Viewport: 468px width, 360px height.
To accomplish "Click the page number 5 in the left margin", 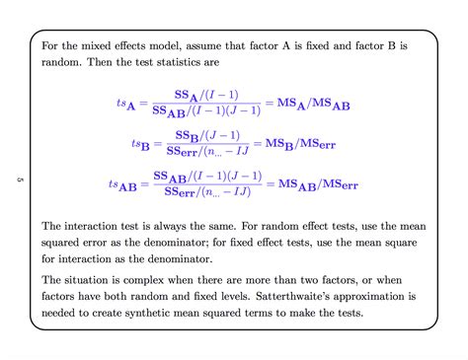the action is pos(19,180).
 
